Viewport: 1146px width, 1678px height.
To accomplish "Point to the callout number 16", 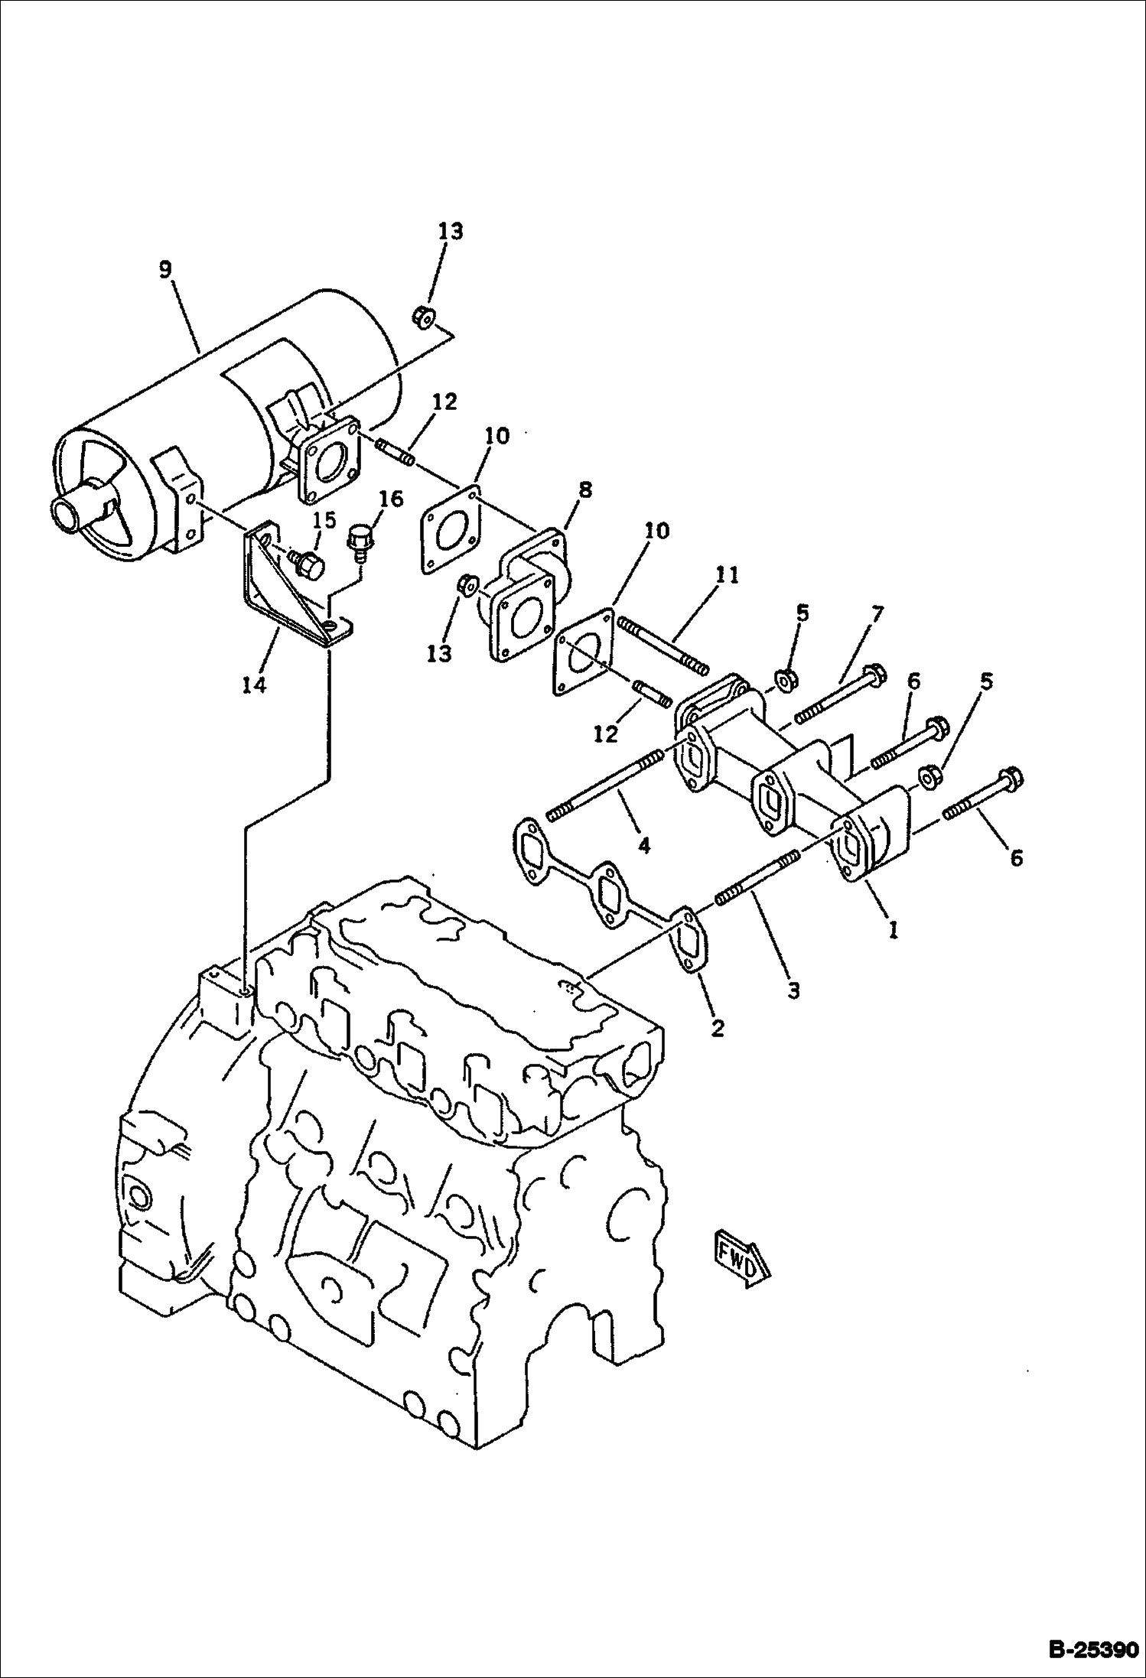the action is (x=390, y=499).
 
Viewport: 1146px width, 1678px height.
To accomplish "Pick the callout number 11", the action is (x=728, y=575).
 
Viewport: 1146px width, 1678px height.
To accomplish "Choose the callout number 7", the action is (x=876, y=613).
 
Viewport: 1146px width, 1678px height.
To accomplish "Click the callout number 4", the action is (x=644, y=845).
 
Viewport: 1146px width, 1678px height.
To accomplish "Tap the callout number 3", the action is (x=793, y=990).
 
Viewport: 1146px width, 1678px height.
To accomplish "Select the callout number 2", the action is (x=717, y=1028).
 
